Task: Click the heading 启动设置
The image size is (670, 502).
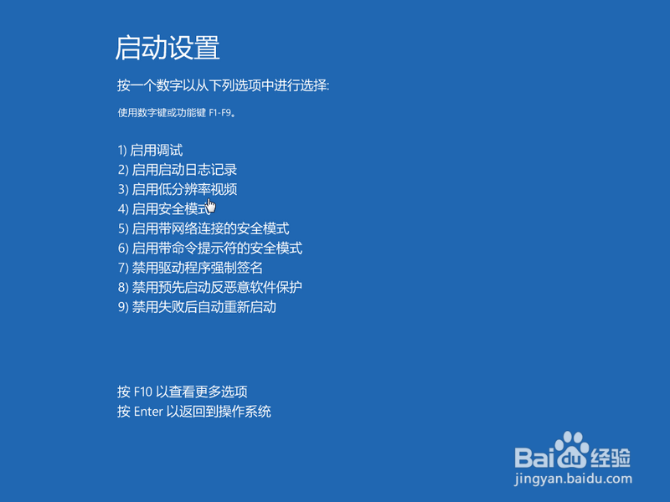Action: point(167,48)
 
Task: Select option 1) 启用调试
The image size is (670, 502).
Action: point(150,151)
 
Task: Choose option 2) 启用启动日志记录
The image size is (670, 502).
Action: point(178,170)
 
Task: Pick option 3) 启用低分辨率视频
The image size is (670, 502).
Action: point(178,189)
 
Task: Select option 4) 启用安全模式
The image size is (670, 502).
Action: point(163,209)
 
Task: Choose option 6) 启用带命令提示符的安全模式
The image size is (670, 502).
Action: point(209,248)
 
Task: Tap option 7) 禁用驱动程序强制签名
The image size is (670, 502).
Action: point(190,268)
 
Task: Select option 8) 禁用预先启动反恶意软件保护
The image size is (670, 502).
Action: point(209,287)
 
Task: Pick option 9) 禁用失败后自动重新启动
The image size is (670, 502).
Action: point(197,307)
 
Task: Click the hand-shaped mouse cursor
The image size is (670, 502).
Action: point(210,206)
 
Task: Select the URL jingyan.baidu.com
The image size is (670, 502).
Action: point(573,480)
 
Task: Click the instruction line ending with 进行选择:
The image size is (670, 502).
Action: point(224,86)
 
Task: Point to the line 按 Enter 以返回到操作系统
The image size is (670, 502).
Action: point(194,412)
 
